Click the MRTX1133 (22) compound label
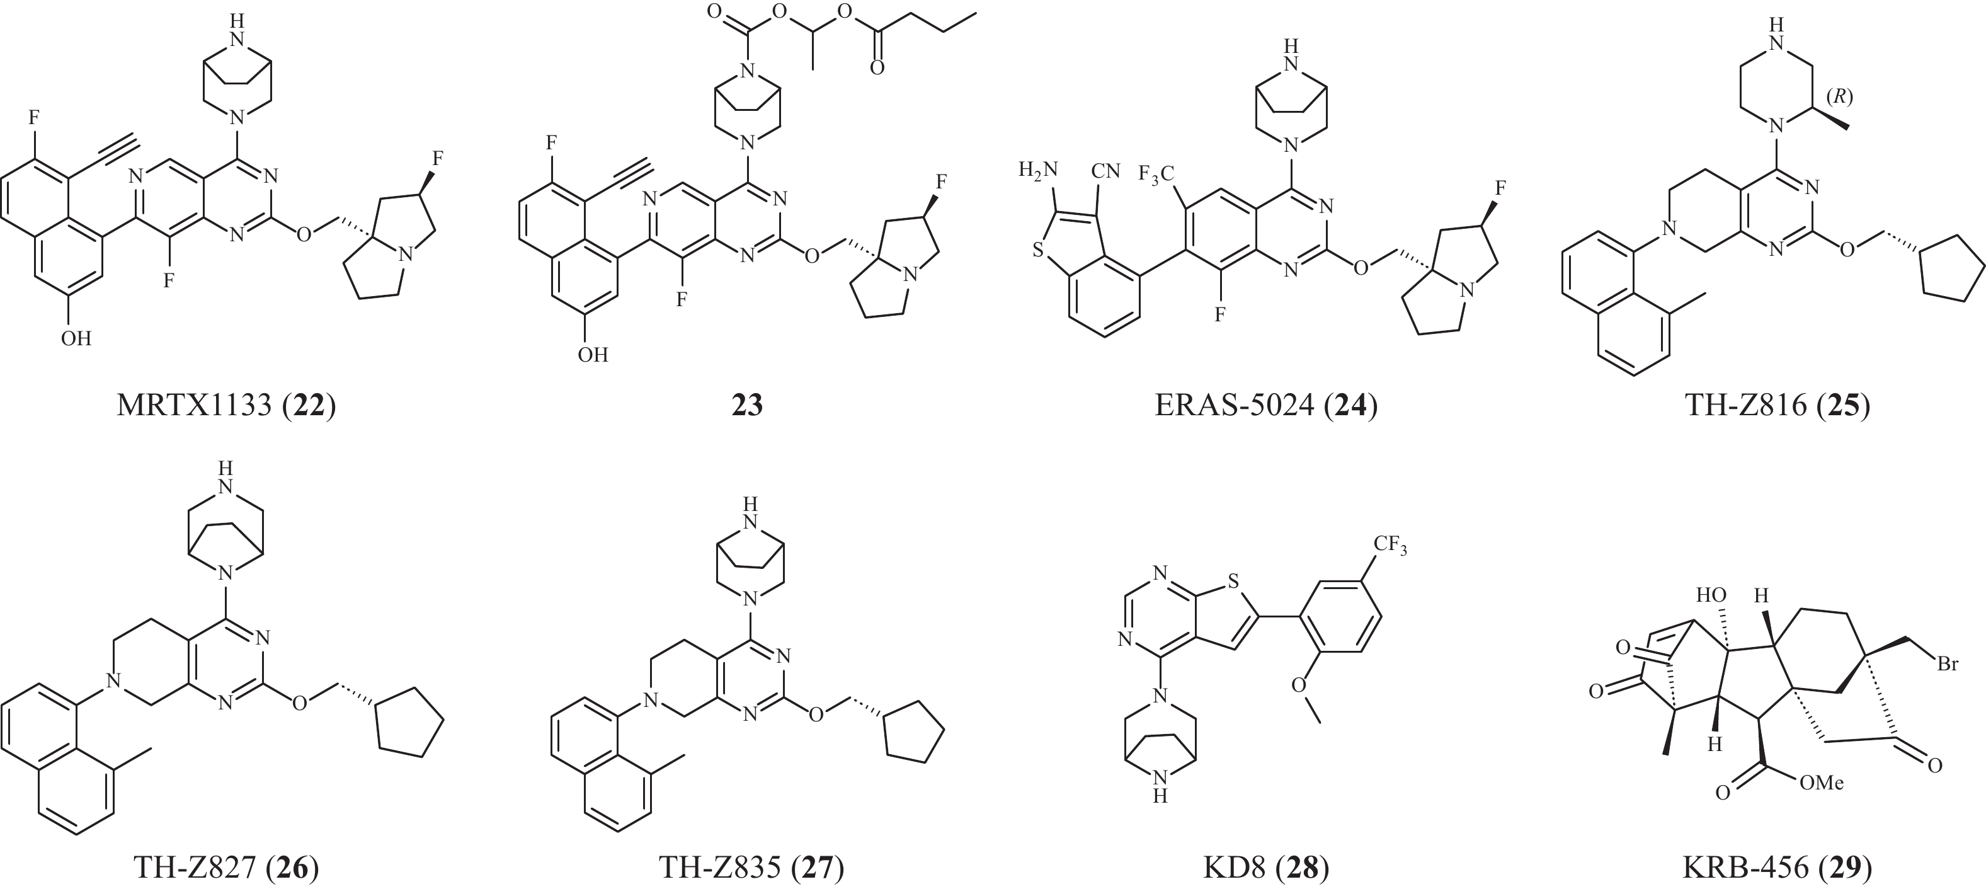coord(226,404)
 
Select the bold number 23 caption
coord(746,404)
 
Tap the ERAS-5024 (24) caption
coord(1265,404)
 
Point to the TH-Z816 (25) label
coord(1777,404)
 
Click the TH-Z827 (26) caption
coord(226,868)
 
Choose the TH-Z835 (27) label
coord(751,868)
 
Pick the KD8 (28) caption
coord(1266,868)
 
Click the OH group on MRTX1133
coord(76,338)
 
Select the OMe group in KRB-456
coord(1821,783)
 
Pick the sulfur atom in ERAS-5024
coord(1039,249)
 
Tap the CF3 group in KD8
coord(1390,545)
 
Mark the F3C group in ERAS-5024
coord(1156,176)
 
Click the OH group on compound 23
coord(593,355)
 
